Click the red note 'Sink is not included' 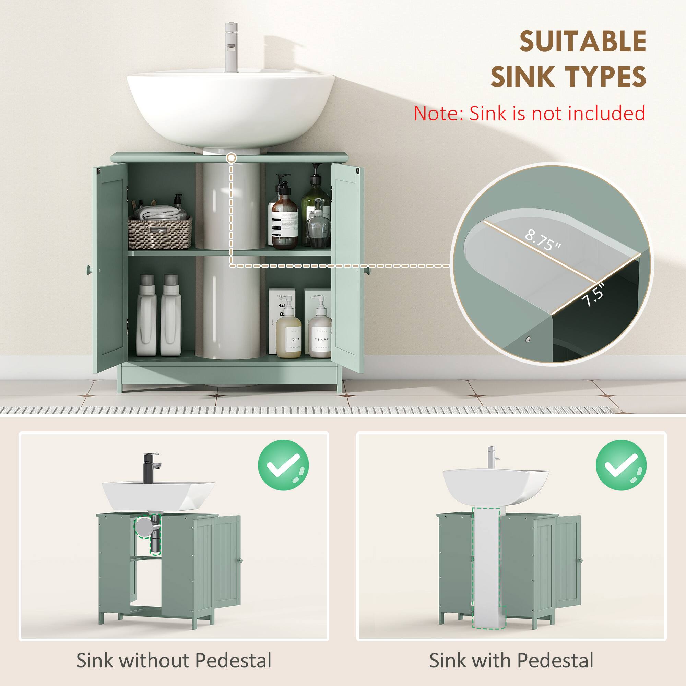point(529,114)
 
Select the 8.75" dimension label point(543,240)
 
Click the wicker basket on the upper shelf point(160,233)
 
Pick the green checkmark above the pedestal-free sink point(283,465)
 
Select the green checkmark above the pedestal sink point(621,465)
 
